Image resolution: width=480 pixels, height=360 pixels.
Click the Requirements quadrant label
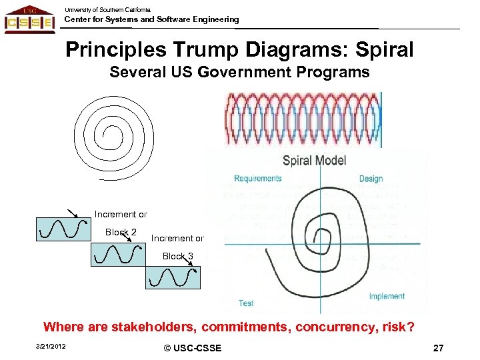[257, 179]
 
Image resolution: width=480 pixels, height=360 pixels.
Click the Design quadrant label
[371, 179]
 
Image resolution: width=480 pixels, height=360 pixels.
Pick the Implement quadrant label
[387, 296]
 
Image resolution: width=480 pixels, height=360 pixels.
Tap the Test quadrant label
[246, 303]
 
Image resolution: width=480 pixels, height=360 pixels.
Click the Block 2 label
[121, 232]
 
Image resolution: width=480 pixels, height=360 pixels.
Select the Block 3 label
[178, 256]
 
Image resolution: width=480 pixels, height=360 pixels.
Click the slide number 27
[438, 348]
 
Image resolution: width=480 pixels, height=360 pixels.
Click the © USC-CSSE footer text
[192, 348]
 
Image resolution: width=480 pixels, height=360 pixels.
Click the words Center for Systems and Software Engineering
[151, 19]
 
